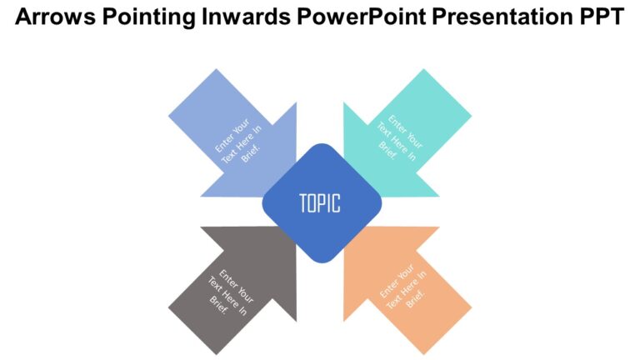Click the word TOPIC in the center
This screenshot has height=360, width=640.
[320, 202]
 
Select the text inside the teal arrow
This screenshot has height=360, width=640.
[399, 137]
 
